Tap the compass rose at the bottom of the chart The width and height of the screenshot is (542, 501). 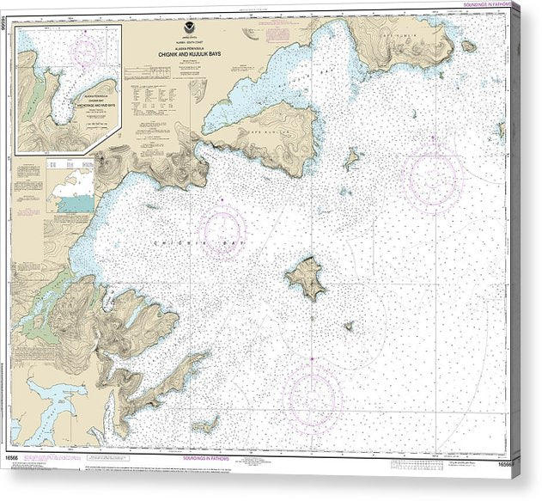(312, 397)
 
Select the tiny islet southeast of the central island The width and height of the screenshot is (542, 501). (349, 327)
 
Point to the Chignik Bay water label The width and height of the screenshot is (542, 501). (175, 244)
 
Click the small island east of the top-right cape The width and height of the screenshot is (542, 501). (468, 46)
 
